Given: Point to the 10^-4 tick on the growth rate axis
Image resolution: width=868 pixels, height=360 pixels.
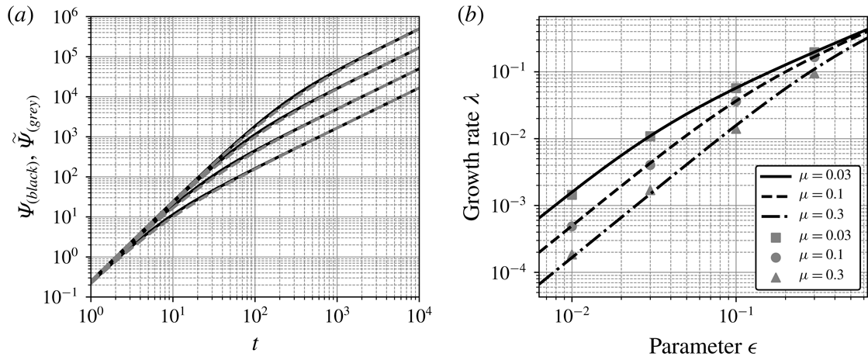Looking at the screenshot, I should pos(514,274).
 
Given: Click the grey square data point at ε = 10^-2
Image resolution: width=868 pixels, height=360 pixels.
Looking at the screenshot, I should pos(572,195).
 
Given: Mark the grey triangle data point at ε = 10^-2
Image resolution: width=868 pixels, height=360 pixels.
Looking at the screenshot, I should pos(572,255).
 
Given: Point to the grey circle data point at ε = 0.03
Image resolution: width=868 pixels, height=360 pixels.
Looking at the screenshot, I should pos(650,165).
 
